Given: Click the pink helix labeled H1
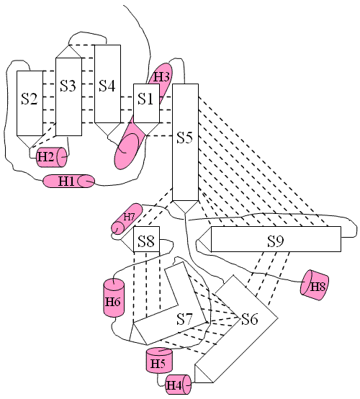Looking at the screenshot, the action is point(69,181).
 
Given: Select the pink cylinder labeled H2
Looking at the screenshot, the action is point(52,157).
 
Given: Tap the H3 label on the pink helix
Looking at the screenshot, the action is point(161,77).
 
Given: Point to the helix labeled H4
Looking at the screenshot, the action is point(178,385).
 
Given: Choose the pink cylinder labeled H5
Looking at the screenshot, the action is point(159,361).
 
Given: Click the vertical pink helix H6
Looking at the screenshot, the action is point(114,297).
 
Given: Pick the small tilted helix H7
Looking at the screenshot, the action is point(127,218).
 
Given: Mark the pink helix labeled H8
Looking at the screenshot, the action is point(315,285).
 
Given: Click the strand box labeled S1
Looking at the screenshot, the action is point(147,103).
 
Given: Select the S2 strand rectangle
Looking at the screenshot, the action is point(30,103).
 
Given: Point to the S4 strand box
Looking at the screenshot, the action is point(107,84).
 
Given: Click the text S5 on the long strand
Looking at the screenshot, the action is point(185,138).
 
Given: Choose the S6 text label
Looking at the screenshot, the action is point(250,319).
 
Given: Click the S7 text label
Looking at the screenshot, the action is point(185,319).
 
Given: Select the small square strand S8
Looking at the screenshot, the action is point(147,239).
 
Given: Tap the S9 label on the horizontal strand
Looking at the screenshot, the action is point(276,241).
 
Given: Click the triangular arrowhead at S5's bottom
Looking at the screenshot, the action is point(185,205).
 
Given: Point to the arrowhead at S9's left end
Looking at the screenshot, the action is point(205,239).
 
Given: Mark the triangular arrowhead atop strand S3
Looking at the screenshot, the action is point(68,53).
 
